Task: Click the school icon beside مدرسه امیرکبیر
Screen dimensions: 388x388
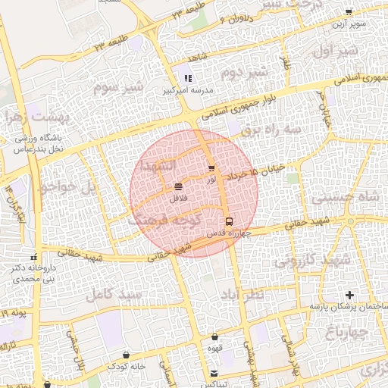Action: pyautogui.click(x=187, y=78)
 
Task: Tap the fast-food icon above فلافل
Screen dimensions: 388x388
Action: pyautogui.click(x=178, y=186)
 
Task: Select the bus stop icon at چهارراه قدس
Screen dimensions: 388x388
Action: pyautogui.click(x=229, y=221)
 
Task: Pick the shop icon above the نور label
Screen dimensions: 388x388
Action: pyautogui.click(x=211, y=167)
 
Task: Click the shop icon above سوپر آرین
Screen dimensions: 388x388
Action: pyautogui.click(x=349, y=12)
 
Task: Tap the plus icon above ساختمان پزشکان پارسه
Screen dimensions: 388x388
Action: pyautogui.click(x=349, y=294)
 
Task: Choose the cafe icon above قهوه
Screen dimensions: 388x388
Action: pyautogui.click(x=215, y=336)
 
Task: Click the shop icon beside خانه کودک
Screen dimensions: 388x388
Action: pyautogui.click(x=126, y=355)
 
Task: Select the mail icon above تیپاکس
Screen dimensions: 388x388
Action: pyautogui.click(x=214, y=372)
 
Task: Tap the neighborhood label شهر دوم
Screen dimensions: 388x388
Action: pyautogui.click(x=244, y=73)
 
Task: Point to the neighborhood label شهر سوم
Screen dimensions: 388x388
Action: pyautogui.click(x=118, y=86)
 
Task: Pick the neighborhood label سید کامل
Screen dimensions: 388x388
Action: pyautogui.click(x=114, y=292)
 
